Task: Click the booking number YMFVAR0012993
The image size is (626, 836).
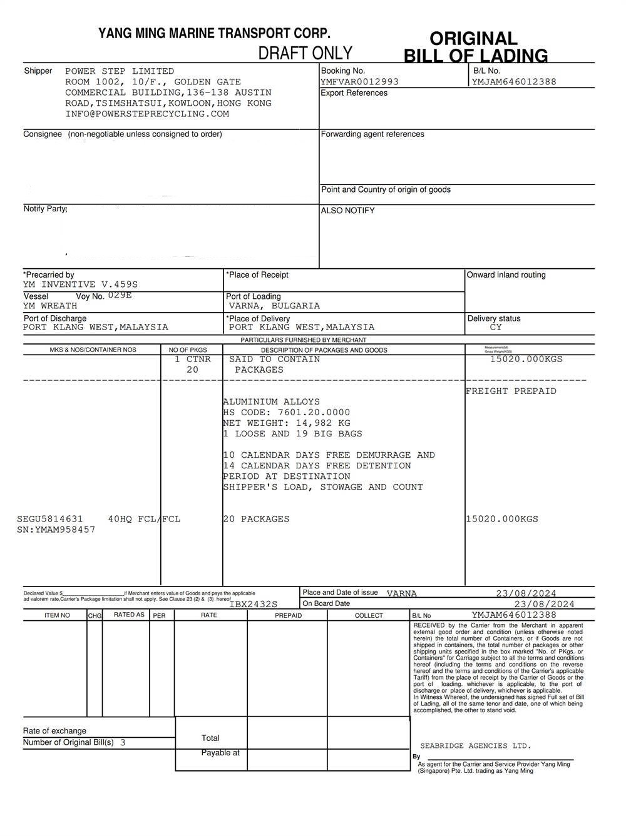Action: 359,82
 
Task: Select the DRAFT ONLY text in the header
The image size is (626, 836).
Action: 305,53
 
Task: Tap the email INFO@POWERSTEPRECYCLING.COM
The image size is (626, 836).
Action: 147,114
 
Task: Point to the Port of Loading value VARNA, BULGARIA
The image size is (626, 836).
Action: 274,306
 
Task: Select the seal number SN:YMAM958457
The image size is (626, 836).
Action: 56,530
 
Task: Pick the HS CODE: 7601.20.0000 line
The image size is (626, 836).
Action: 287,413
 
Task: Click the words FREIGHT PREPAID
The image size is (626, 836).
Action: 511,391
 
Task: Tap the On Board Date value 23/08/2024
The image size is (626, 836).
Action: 544,604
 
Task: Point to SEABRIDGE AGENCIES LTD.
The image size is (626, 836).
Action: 475,746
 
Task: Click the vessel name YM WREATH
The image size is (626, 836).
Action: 50,306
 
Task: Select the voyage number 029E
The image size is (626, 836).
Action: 120,295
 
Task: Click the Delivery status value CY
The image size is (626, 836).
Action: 496,327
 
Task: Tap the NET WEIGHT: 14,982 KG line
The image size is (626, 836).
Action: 287,423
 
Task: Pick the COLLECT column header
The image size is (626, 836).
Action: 369,615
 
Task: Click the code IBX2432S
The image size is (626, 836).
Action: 254,604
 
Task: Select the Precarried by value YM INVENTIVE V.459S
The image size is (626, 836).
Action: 80,285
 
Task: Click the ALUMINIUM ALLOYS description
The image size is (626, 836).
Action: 272,402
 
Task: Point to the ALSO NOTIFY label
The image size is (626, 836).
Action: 348,211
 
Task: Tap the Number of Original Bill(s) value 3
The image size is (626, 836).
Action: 123,743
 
